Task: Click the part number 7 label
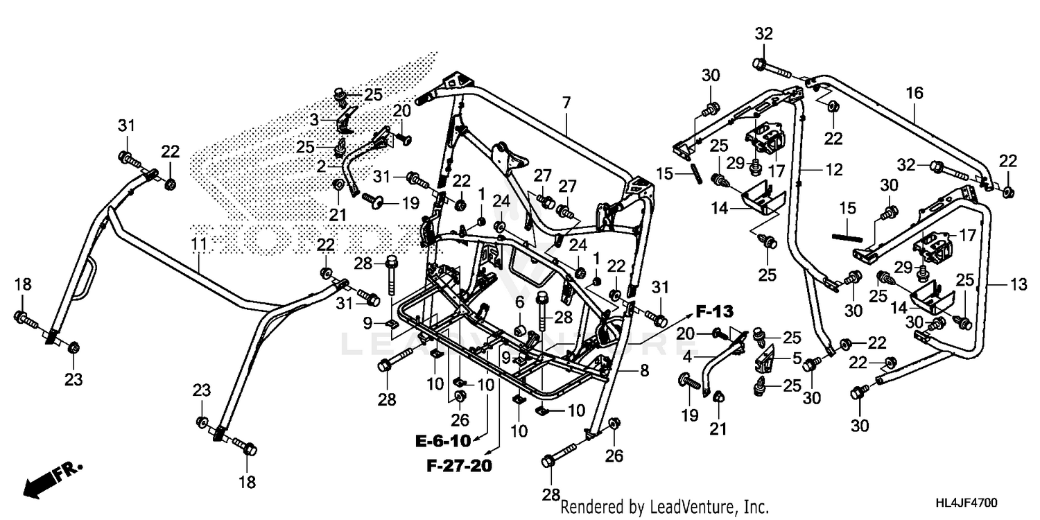tap(566, 103)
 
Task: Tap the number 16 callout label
tap(915, 92)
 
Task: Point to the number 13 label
tap(998, 284)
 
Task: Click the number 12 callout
tap(834, 168)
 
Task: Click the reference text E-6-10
tap(443, 441)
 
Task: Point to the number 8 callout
tap(644, 372)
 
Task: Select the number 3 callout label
tap(314, 120)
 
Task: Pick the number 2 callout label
tap(321, 166)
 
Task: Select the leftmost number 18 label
tap(22, 284)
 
